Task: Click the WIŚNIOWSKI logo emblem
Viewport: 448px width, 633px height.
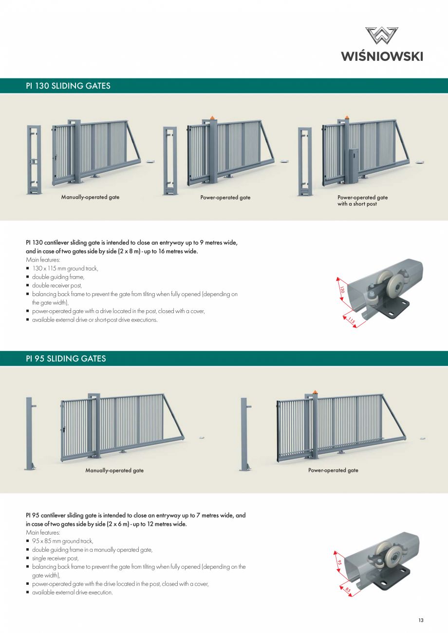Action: click(382, 37)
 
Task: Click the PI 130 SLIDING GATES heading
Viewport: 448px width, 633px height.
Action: click(68, 86)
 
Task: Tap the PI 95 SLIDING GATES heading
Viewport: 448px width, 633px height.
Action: click(66, 359)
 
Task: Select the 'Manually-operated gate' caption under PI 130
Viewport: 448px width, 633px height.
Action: click(90, 197)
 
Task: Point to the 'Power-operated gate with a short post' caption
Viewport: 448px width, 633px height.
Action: click(362, 201)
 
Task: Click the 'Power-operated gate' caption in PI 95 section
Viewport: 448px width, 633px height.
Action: click(333, 470)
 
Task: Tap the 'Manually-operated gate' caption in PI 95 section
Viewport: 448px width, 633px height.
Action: click(114, 470)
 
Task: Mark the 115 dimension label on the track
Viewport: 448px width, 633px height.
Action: click(351, 320)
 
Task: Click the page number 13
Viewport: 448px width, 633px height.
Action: click(421, 620)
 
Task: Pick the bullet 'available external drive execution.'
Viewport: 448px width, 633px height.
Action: click(73, 592)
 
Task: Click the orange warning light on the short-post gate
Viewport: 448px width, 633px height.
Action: click(347, 117)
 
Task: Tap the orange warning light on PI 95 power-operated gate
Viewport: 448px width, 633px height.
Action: click(315, 391)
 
